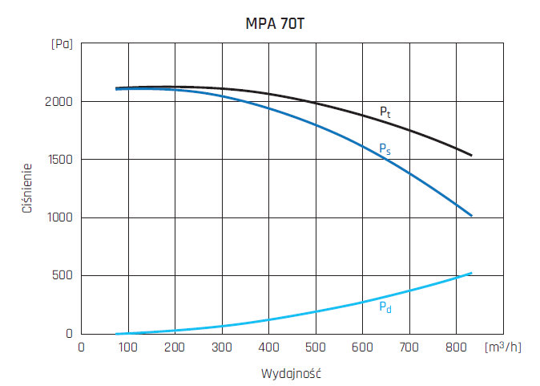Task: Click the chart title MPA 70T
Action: coord(274,23)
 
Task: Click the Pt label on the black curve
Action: coord(385,112)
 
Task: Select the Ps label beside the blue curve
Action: coord(385,148)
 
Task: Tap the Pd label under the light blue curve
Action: coord(385,306)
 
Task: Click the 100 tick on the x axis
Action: coord(127,348)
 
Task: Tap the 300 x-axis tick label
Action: coord(221,348)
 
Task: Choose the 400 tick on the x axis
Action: coord(268,348)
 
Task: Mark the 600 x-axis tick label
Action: coord(362,348)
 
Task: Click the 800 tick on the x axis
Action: coord(456,348)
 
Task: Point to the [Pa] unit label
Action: coord(62,43)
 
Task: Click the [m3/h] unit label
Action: coord(502,347)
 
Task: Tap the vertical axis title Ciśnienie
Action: coord(26,189)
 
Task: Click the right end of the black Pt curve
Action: coord(471,155)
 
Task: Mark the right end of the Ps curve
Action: coord(471,216)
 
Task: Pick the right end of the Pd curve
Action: coord(471,273)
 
